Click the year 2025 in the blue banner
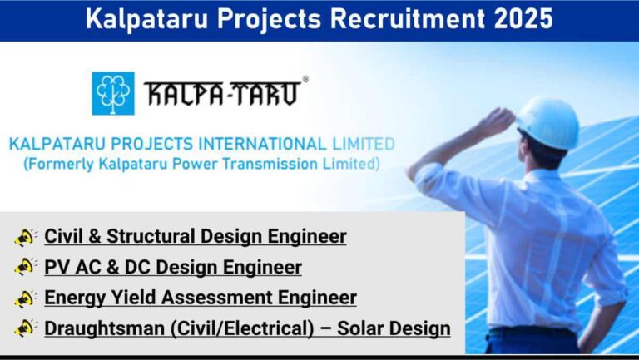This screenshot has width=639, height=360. pyautogui.click(x=523, y=19)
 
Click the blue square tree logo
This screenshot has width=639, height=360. pyautogui.click(x=113, y=93)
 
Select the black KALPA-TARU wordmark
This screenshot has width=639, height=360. pyautogui.click(x=222, y=94)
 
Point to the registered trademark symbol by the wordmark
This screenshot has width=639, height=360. pyautogui.click(x=305, y=80)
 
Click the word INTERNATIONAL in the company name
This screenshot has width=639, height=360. pyautogui.click(x=262, y=144)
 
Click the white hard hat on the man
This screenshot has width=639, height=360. pyautogui.click(x=547, y=121)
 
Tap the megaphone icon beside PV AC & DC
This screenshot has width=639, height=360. pyautogui.click(x=25, y=267)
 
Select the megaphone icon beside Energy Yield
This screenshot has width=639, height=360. pyautogui.click(x=25, y=298)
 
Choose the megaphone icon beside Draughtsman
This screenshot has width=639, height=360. pyautogui.click(x=25, y=328)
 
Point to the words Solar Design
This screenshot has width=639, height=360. pyautogui.click(x=394, y=329)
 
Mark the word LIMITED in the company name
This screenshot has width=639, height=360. pyautogui.click(x=364, y=144)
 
